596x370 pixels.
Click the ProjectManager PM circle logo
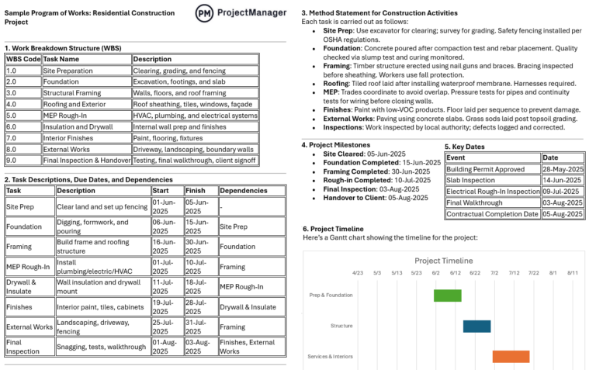(205, 13)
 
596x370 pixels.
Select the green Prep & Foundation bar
(447, 295)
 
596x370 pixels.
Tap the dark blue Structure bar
(476, 326)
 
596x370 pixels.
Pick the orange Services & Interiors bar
(511, 356)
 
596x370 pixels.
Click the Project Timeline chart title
(443, 261)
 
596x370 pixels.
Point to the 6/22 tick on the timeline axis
(474, 273)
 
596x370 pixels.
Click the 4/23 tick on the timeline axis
(357, 273)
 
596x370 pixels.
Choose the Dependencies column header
(243, 190)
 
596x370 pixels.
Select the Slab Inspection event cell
(470, 180)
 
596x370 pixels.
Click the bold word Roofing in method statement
(336, 83)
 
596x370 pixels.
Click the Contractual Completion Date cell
(492, 214)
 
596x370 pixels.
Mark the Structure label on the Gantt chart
(341, 326)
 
